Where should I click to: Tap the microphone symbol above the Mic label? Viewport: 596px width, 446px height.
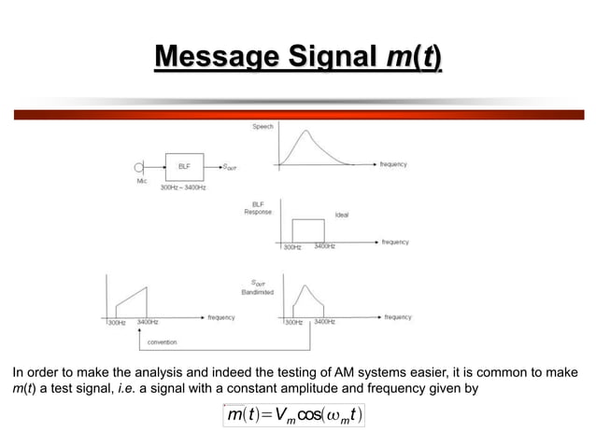140,168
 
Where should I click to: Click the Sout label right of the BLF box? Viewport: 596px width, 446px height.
229,167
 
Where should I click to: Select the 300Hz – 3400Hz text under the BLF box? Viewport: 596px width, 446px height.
183,188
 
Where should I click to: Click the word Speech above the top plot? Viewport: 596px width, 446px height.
263,126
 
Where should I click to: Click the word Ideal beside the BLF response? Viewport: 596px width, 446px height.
342,214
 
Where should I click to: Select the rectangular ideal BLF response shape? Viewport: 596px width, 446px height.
308,230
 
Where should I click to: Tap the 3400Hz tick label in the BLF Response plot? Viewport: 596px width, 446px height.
325,247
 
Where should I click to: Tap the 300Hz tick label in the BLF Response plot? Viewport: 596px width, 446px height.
291,247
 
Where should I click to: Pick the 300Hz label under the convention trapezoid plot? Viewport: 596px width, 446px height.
116,322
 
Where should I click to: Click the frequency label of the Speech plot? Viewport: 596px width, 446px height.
393,164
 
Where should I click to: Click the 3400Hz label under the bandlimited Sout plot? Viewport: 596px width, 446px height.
325,322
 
